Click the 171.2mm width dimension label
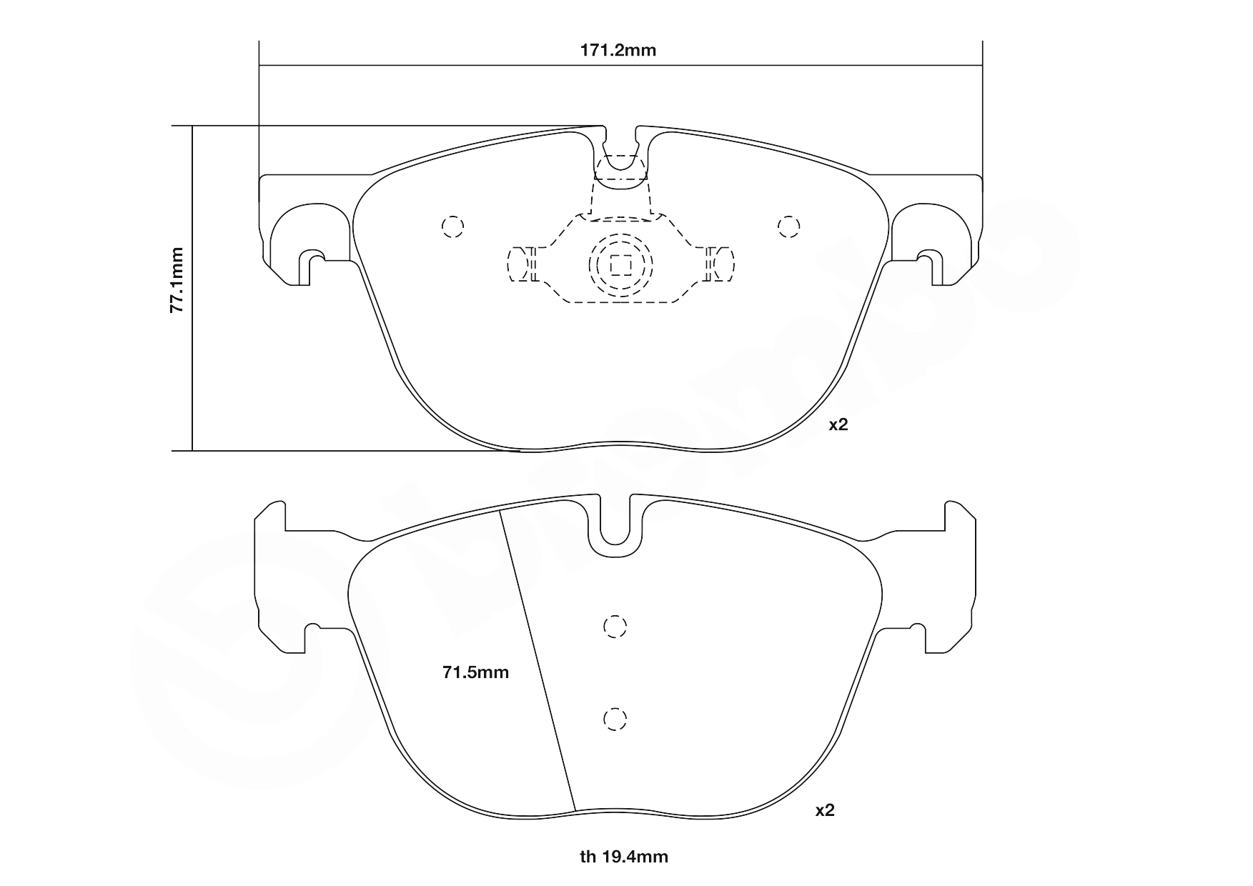pyautogui.click(x=617, y=51)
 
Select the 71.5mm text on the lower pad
pyautogui.click(x=475, y=672)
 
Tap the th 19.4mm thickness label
pyautogui.click(x=623, y=856)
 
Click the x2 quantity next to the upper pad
pyautogui.click(x=838, y=424)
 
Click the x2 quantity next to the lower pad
pyautogui.click(x=825, y=810)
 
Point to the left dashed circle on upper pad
pyautogui.click(x=452, y=227)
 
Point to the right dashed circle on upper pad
pyautogui.click(x=788, y=227)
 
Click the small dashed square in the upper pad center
pyautogui.click(x=620, y=266)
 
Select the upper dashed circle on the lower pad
pyautogui.click(x=615, y=627)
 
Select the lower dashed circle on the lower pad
pyautogui.click(x=615, y=719)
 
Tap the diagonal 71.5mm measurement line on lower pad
pyautogui.click(x=538, y=661)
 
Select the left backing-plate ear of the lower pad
pyautogui.click(x=272, y=579)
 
